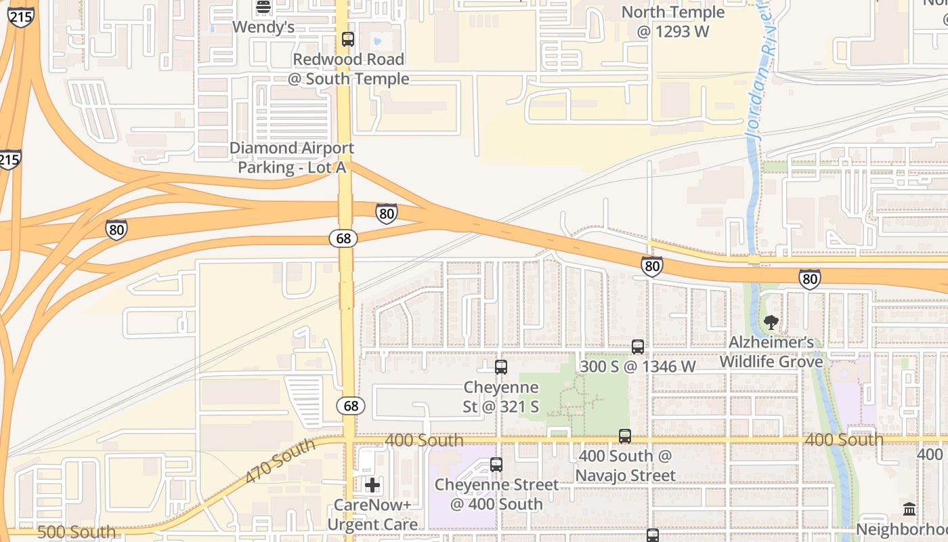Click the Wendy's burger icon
(x=263, y=7)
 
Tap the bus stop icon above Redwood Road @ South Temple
(x=348, y=39)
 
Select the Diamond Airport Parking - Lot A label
(x=292, y=157)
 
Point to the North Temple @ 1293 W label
(x=672, y=22)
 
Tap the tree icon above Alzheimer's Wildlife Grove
(x=771, y=322)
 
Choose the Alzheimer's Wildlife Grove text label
(x=771, y=352)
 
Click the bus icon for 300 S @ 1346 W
(x=638, y=347)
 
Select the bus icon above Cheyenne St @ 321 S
(x=501, y=367)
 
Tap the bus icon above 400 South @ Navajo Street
(x=625, y=436)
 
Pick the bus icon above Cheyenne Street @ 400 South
(x=496, y=465)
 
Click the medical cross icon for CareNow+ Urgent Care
(x=372, y=485)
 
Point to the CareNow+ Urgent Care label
(x=372, y=515)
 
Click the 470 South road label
(x=280, y=461)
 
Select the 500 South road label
(x=76, y=532)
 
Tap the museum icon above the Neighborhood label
(x=909, y=509)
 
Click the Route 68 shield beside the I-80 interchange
(x=343, y=238)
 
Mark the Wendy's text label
(x=263, y=27)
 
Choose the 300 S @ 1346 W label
(x=638, y=367)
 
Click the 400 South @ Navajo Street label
(x=625, y=465)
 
